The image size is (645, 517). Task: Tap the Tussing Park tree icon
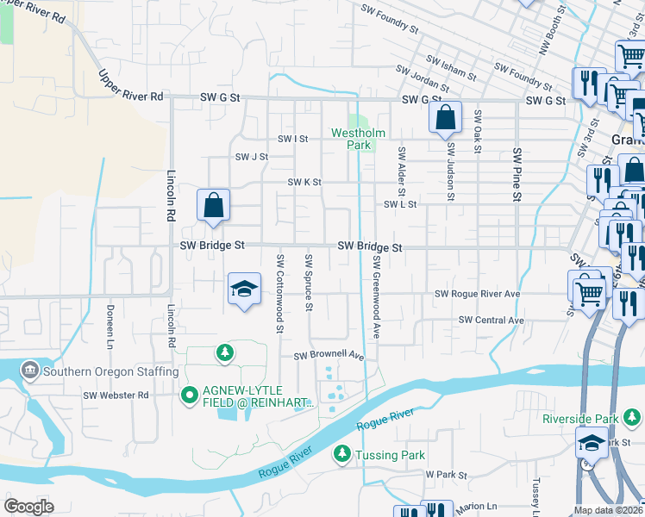pyautogui.click(x=342, y=453)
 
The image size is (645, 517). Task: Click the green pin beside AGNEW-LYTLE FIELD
pyautogui.click(x=190, y=396)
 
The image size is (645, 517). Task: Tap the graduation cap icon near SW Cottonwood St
pyautogui.click(x=245, y=290)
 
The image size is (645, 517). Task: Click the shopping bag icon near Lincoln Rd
pyautogui.click(x=213, y=206)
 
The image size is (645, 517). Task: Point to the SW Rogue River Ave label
pyautogui.click(x=477, y=294)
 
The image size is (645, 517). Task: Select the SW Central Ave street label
pyautogui.click(x=491, y=320)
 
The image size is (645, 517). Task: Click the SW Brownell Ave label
pyautogui.click(x=329, y=356)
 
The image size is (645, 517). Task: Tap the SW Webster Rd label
pyautogui.click(x=116, y=395)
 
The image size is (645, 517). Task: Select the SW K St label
pyautogui.click(x=304, y=183)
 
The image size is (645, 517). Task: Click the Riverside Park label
pyautogui.click(x=579, y=419)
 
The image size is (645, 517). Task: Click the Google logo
pyautogui.click(x=28, y=507)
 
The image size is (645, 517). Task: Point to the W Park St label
pyautogui.click(x=446, y=475)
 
